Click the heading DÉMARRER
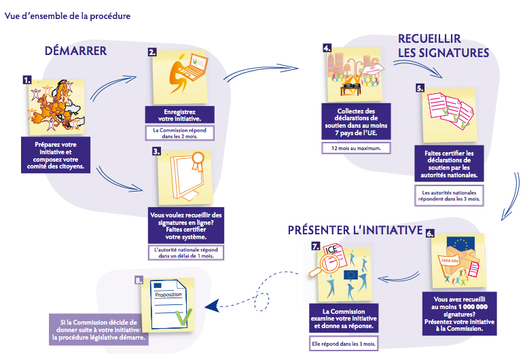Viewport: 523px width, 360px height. click(75, 51)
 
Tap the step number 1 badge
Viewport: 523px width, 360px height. click(27, 79)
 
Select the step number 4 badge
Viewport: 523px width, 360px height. click(327, 49)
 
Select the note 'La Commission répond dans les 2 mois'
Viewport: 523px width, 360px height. click(181, 132)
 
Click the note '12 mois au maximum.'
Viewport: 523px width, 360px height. click(352, 147)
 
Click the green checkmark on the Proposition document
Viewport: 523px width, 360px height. click(181, 313)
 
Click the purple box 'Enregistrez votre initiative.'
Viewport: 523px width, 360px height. click(181, 114)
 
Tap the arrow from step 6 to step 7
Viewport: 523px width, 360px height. click(397, 276)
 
